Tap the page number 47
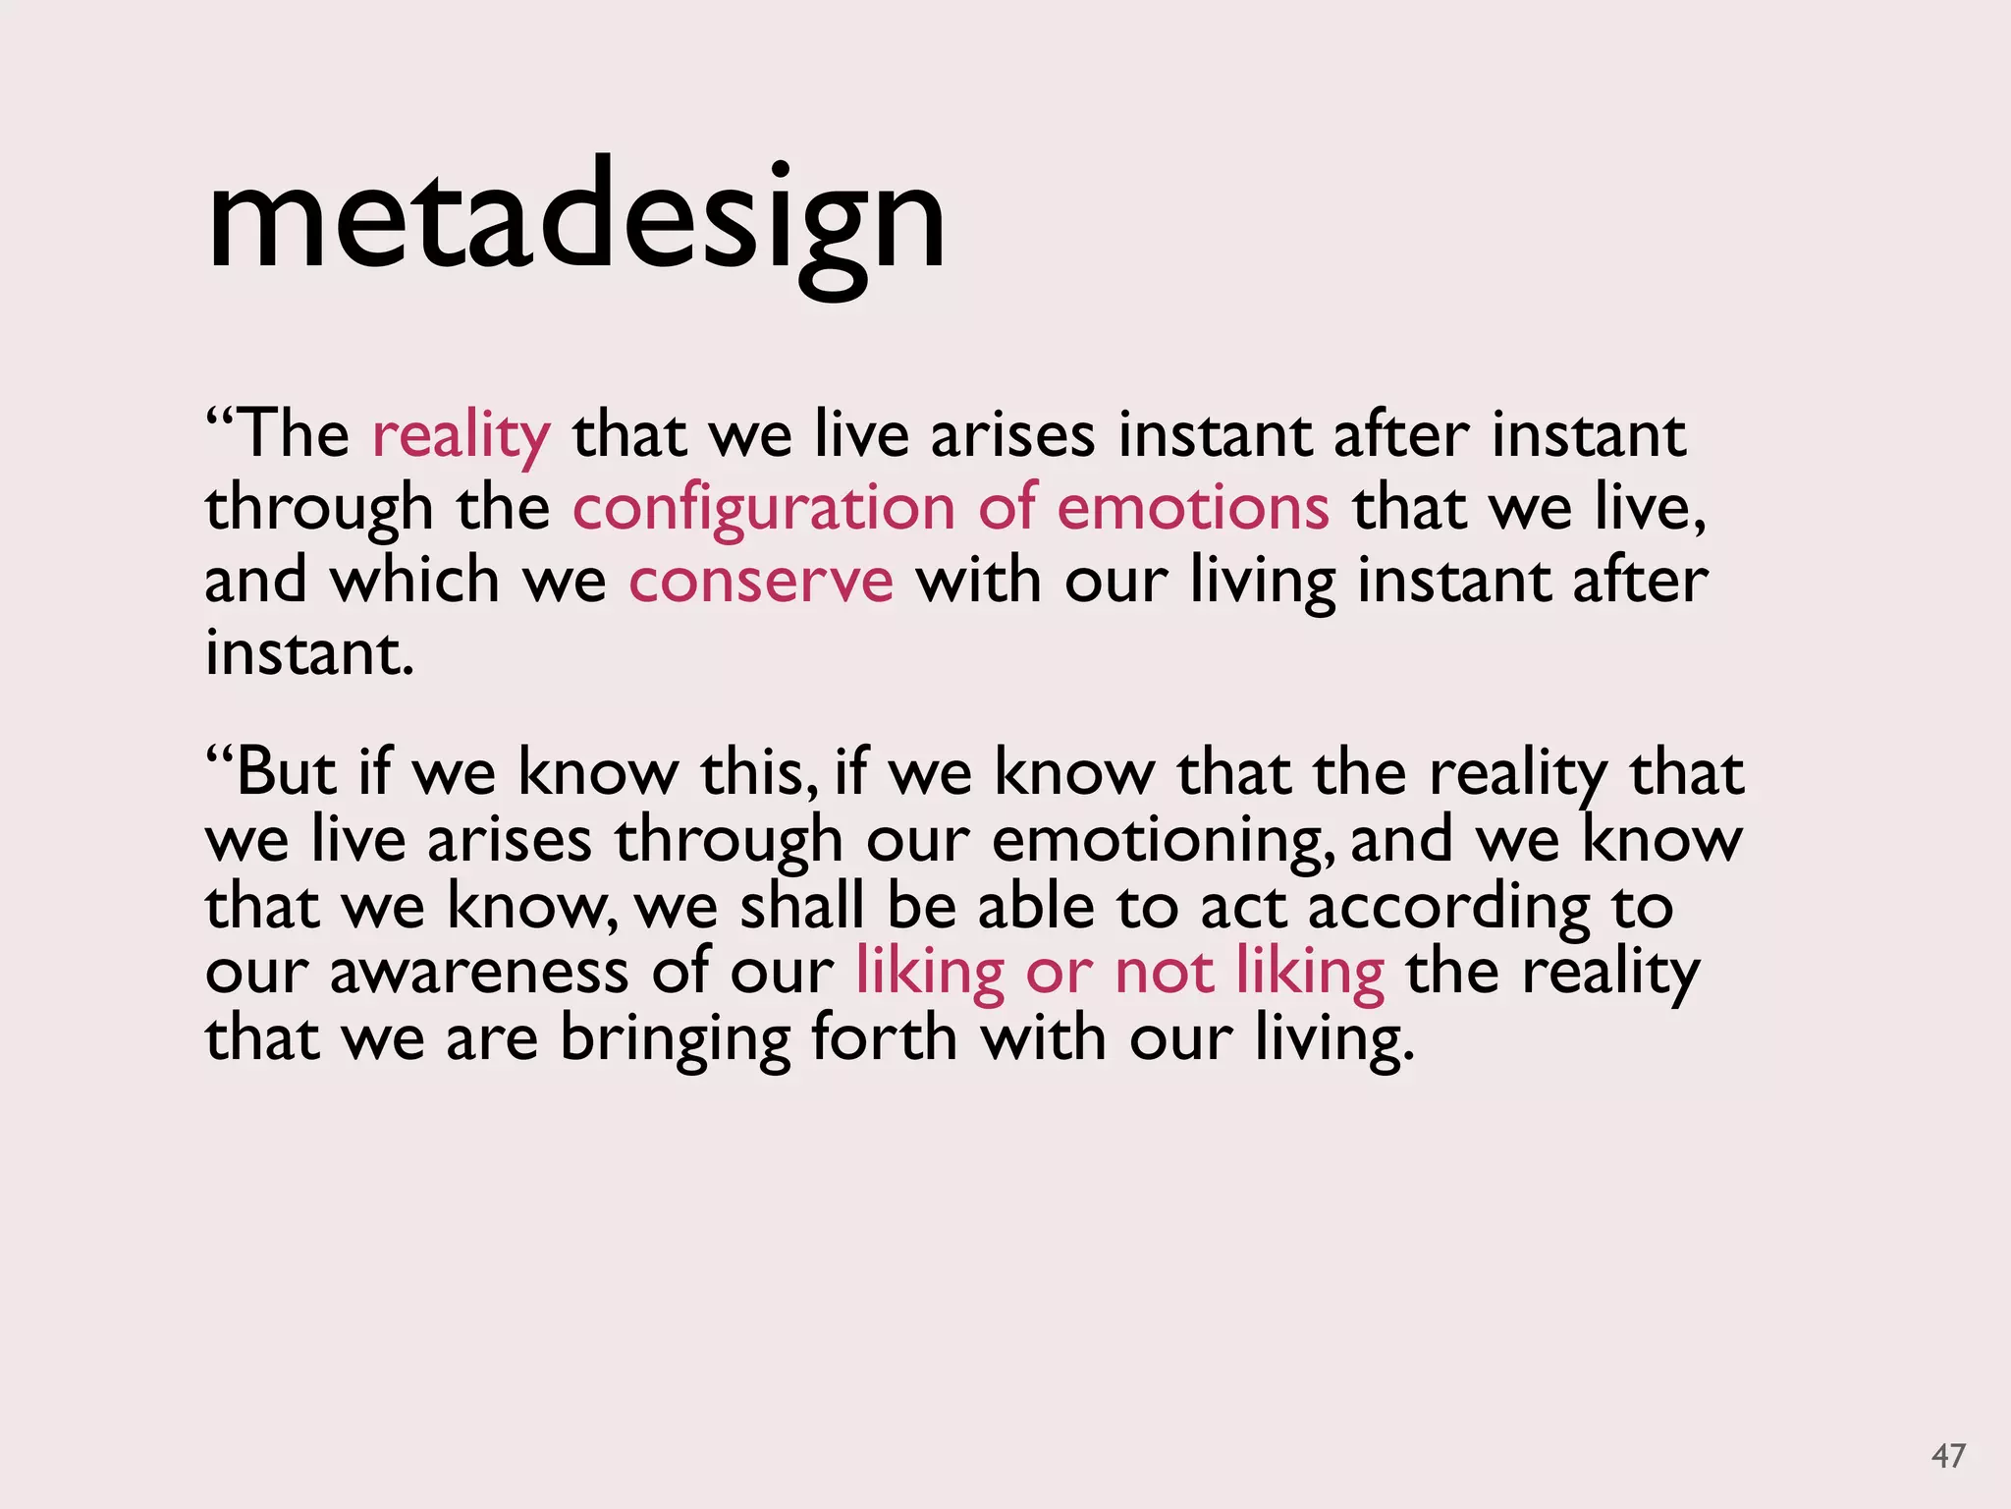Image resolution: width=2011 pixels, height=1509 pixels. tap(1948, 1456)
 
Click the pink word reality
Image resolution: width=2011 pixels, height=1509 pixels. tap(462, 435)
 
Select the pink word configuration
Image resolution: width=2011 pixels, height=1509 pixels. tap(763, 510)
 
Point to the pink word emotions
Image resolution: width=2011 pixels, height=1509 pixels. tap(1193, 508)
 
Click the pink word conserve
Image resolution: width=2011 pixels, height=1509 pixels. tap(761, 581)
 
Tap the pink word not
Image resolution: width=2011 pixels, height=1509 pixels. tap(1164, 973)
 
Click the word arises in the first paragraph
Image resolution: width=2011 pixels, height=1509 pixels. tap(1012, 435)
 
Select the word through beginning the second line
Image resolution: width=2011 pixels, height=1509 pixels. tap(318, 510)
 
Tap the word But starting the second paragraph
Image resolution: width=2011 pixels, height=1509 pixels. tap(285, 772)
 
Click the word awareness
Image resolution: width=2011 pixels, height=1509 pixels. tap(478, 974)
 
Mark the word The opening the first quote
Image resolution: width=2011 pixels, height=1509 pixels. tap(293, 435)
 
